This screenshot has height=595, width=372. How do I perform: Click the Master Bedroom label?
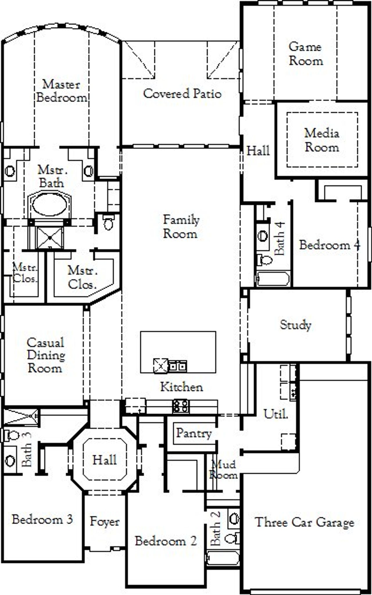tap(61, 91)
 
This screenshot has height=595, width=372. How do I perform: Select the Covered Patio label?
tap(182, 94)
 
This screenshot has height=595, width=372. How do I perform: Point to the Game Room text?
tap(305, 54)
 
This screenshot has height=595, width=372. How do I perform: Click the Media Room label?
tap(322, 140)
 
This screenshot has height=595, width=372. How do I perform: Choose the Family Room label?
tap(181, 227)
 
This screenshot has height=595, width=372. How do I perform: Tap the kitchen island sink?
tap(178, 366)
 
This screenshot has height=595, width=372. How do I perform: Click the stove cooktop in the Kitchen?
tap(181, 406)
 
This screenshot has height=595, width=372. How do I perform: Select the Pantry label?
tap(194, 433)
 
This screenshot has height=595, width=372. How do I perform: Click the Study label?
tap(295, 325)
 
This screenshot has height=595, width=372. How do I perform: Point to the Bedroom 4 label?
tap(330, 245)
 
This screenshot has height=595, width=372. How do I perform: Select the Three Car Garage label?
tap(305, 522)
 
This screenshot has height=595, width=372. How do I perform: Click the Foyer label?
tap(105, 521)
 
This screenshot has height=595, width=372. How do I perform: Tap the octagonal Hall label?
tap(105, 460)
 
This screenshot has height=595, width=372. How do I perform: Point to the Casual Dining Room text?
tap(46, 355)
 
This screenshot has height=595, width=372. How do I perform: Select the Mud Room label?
tap(223, 469)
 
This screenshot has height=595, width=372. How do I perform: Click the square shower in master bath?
tap(50, 238)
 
